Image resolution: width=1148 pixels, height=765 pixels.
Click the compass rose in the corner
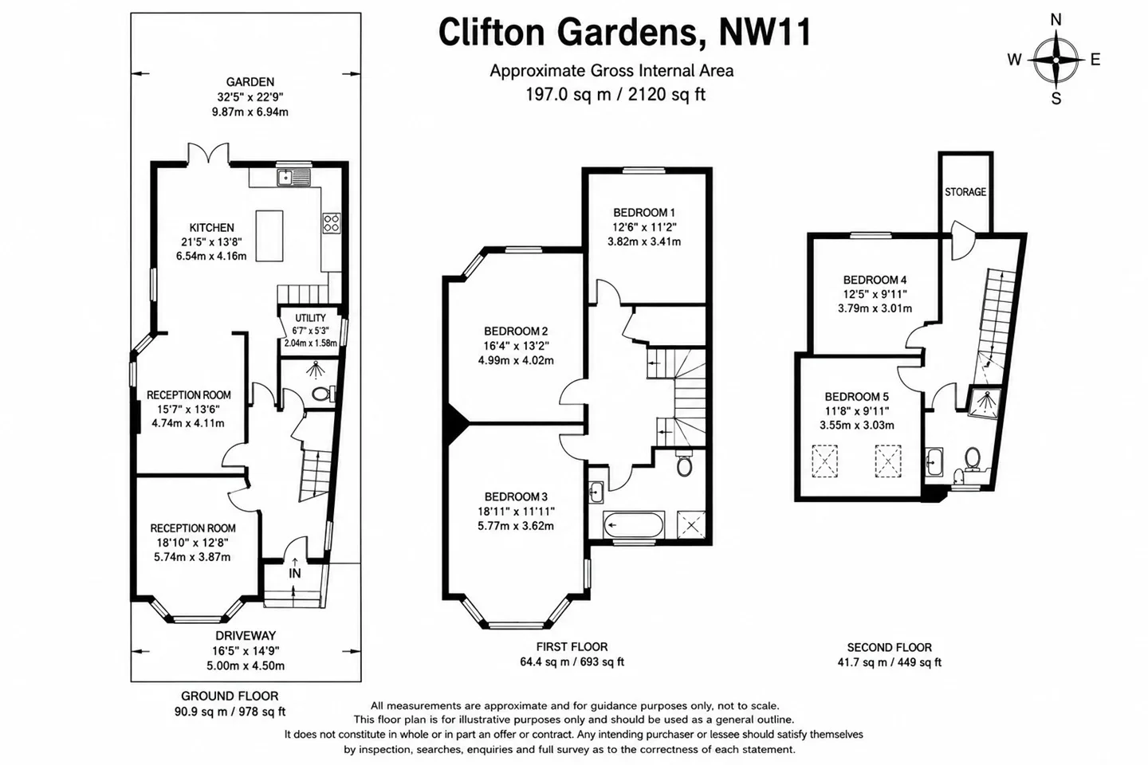pyautogui.click(x=1056, y=60)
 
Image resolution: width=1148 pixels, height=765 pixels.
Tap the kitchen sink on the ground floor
pyautogui.click(x=293, y=177)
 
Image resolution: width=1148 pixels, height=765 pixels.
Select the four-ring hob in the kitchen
pyautogui.click(x=331, y=223)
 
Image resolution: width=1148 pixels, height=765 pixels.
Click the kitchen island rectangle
pyautogui.click(x=269, y=236)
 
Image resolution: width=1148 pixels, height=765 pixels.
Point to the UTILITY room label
pyautogui.click(x=310, y=318)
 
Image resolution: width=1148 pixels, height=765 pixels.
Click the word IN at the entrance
pyautogui.click(x=295, y=574)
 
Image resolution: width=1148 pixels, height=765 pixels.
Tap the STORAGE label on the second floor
pyautogui.click(x=965, y=191)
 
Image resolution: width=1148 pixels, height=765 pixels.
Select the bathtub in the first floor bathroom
pyautogui.click(x=634, y=524)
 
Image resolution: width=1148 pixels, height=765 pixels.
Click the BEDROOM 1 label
pyautogui.click(x=644, y=212)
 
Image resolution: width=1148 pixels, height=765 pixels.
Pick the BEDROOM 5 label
pyautogui.click(x=856, y=397)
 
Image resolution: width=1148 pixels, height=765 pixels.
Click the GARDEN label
pyautogui.click(x=250, y=82)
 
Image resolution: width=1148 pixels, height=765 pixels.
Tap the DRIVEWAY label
pyautogui.click(x=246, y=636)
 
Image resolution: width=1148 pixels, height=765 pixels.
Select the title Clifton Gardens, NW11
pyautogui.click(x=625, y=33)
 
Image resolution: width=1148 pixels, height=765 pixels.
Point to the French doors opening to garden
pyautogui.click(x=208, y=154)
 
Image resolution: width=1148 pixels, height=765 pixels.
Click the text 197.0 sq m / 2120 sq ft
pyautogui.click(x=615, y=94)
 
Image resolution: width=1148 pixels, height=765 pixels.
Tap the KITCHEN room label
pyautogui.click(x=212, y=227)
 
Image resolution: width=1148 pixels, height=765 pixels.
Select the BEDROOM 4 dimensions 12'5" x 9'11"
pyautogui.click(x=875, y=294)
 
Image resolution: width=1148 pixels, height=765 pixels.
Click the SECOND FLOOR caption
pyautogui.click(x=889, y=647)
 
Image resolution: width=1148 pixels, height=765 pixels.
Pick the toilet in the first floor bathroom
pyautogui.click(x=684, y=463)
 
